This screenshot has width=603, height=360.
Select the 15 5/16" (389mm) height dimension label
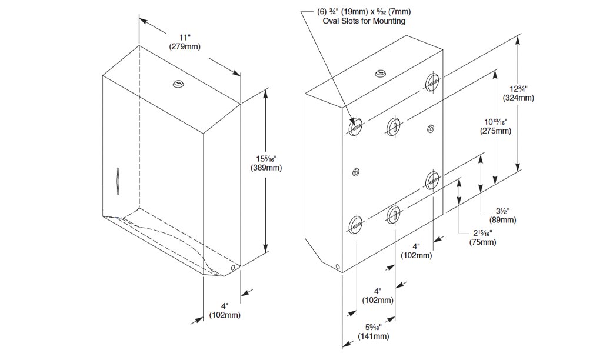click(266, 164)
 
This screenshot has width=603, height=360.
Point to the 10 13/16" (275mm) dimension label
click(495, 126)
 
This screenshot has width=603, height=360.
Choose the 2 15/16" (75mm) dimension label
click(481, 238)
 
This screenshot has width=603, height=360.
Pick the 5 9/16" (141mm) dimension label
click(374, 332)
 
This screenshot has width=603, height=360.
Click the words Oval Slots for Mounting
click(364, 21)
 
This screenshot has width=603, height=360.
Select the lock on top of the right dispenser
click(381, 74)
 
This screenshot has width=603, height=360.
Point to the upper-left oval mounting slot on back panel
click(355, 126)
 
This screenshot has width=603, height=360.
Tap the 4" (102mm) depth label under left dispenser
click(225, 311)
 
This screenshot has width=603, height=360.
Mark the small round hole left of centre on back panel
click(355, 172)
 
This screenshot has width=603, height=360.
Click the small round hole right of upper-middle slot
click(431, 128)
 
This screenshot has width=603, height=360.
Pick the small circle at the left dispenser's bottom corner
click(233, 268)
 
